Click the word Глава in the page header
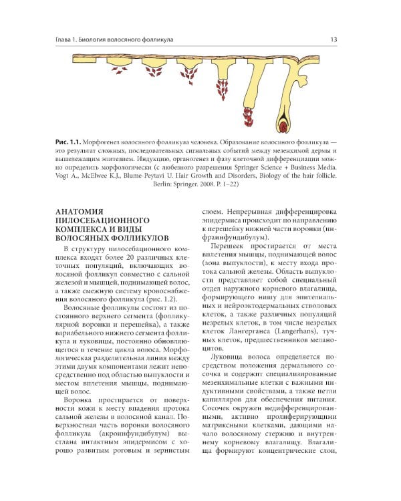(66, 39)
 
